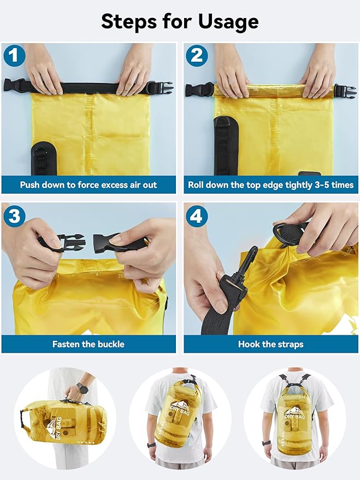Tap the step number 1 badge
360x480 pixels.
pyautogui.click(x=15, y=56)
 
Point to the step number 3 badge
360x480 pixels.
pyautogui.click(x=15, y=216)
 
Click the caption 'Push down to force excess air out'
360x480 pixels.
pyautogui.click(x=88, y=185)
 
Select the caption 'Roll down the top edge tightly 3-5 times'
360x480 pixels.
pyautogui.click(x=270, y=185)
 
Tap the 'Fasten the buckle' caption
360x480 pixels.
pyautogui.click(x=88, y=344)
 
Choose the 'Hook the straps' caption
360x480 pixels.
pyautogui.click(x=270, y=344)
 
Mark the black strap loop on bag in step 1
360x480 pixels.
pyautogui.click(x=43, y=158)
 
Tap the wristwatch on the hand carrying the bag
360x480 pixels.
pyautogui.click(x=82, y=388)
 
